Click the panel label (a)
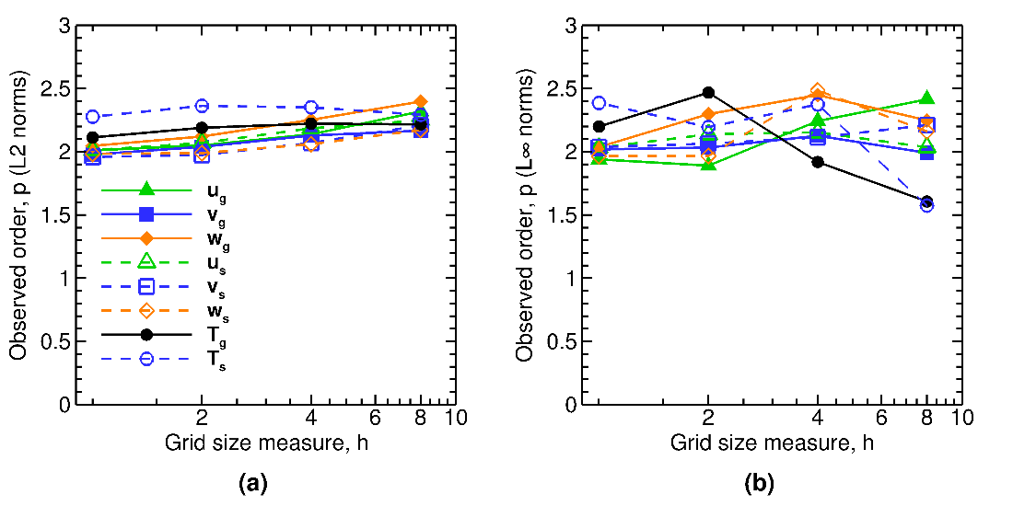[252, 481]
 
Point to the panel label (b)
[759, 481]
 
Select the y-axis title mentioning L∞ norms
[526, 214]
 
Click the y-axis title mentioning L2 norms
[19, 214]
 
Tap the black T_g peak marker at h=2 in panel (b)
[708, 92]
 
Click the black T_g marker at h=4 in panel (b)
[817, 162]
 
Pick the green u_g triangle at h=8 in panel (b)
[926, 98]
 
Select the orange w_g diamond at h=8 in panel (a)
[420, 101]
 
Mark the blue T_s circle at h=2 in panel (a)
[202, 106]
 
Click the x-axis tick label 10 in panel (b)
[962, 417]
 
